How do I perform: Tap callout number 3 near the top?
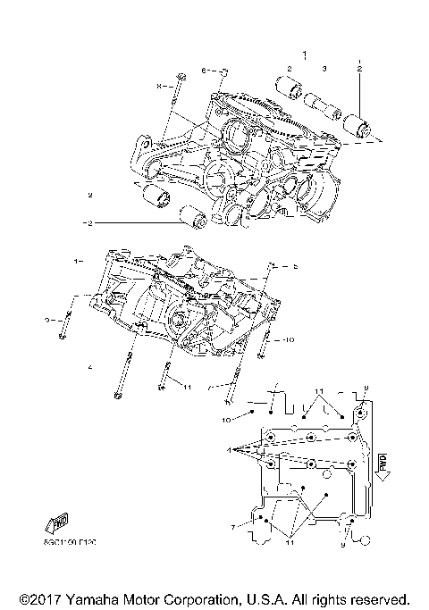pos(325,69)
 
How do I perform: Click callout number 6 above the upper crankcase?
pos(203,70)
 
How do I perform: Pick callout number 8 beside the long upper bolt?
pos(159,85)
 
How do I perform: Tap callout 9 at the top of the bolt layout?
pos(366,388)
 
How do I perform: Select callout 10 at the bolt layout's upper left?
pos(226,418)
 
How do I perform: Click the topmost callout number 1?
pos(304,54)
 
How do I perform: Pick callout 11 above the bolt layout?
pos(318,391)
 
